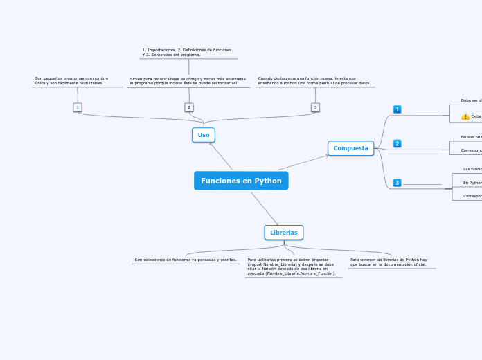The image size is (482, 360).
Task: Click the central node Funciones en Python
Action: pyautogui.click(x=241, y=181)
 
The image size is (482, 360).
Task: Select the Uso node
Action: pyautogui.click(x=204, y=135)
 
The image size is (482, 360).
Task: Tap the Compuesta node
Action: pyautogui.click(x=350, y=148)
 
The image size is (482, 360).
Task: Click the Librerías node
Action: pyautogui.click(x=283, y=233)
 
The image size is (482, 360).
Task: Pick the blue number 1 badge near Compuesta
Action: pyautogui.click(x=397, y=109)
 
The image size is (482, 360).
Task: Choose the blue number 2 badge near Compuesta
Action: pyautogui.click(x=397, y=143)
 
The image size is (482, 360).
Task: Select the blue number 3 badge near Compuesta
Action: pyautogui.click(x=397, y=183)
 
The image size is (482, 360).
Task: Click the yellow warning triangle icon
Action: pyautogui.click(x=465, y=116)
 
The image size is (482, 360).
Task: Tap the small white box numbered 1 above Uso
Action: pyautogui.click(x=78, y=107)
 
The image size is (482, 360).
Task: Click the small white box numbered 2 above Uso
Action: pyautogui.click(x=188, y=107)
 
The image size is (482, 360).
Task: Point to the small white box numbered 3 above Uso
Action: pyautogui.click(x=315, y=107)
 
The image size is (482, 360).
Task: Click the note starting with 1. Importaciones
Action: pyautogui.click(x=188, y=52)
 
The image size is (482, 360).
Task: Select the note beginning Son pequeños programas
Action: pyautogui.click(x=72, y=80)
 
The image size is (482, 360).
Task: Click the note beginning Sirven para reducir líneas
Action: pyautogui.click(x=188, y=81)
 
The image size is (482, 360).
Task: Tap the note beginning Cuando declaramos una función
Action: pyautogui.click(x=314, y=80)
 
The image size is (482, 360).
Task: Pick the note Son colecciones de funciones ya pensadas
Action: pyautogui.click(x=186, y=260)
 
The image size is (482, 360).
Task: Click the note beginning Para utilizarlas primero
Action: pyautogui.click(x=292, y=267)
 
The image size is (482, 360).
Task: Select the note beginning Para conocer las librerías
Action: pyautogui.click(x=389, y=262)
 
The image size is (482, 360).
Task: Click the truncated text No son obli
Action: pyautogui.click(x=471, y=137)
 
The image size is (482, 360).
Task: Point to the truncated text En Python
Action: pyautogui.click(x=472, y=183)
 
